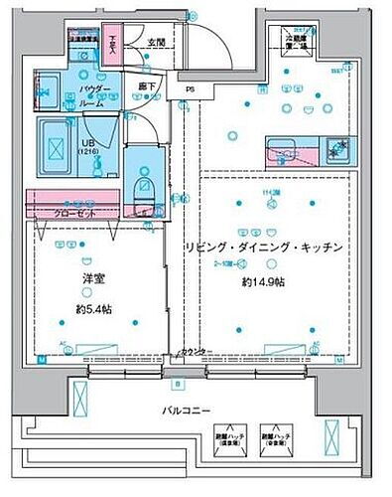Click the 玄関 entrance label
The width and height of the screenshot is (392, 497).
coord(157,42)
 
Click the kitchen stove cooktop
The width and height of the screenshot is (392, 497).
coord(337,150)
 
